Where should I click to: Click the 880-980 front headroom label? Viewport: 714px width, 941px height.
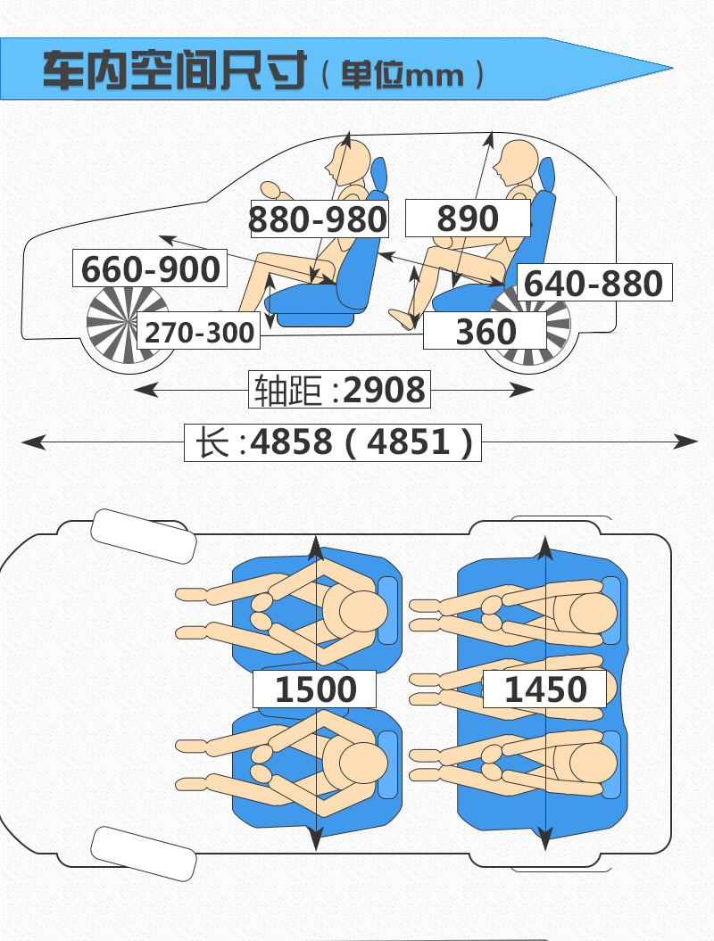319,219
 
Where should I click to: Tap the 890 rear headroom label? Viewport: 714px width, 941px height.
468,218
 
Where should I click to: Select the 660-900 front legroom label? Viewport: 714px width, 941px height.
150,268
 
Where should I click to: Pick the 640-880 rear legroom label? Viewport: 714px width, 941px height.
594,282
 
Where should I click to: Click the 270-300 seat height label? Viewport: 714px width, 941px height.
199,331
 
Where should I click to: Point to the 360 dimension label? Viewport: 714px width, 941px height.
486,331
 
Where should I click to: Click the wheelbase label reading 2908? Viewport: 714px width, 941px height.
339,390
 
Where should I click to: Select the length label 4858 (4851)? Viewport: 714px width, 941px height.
333,442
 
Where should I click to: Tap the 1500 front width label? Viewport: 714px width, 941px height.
315,689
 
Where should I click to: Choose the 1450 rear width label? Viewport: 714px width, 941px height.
544,689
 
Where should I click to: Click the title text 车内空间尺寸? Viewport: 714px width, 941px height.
175,70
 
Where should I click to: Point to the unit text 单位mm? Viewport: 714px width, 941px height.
403,74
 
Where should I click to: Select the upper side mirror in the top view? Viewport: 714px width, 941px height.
144,536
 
